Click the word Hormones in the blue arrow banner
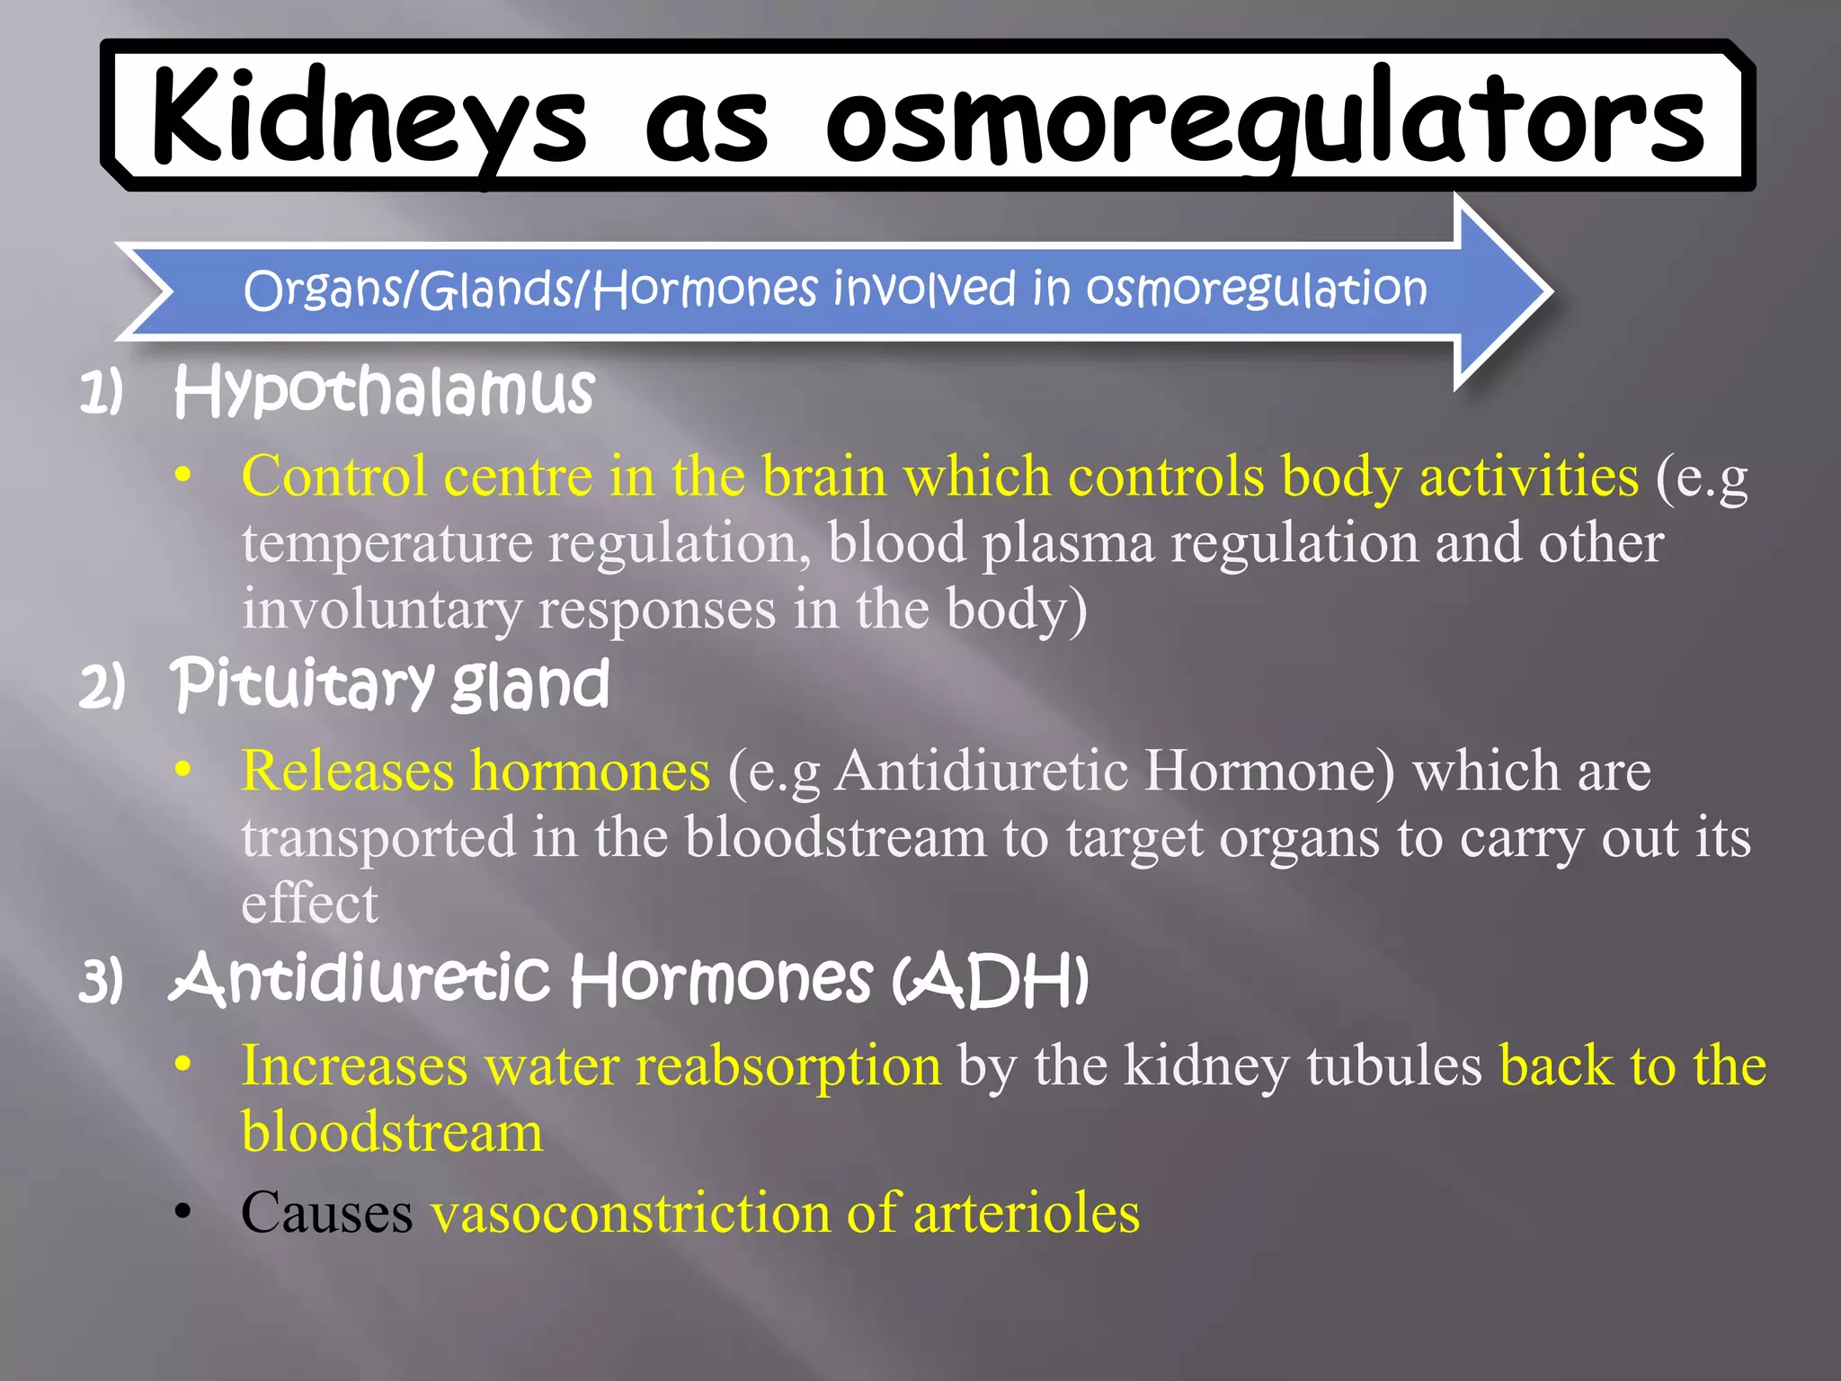(705, 290)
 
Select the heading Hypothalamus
(384, 392)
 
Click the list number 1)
(101, 394)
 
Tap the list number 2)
(102, 688)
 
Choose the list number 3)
(101, 981)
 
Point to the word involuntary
(381, 610)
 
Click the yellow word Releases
(347, 771)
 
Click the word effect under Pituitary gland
(309, 904)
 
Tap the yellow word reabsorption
(787, 1066)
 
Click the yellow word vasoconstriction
(630, 1213)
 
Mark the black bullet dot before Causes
(183, 1213)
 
